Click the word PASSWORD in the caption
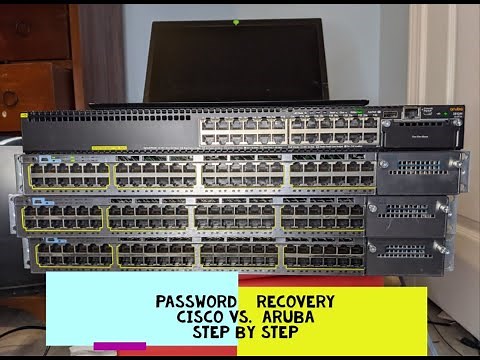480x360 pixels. coord(195,301)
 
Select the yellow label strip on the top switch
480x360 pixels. coord(109,149)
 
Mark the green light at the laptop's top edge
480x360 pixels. coord(236,20)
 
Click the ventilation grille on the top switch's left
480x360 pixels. coord(110,131)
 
